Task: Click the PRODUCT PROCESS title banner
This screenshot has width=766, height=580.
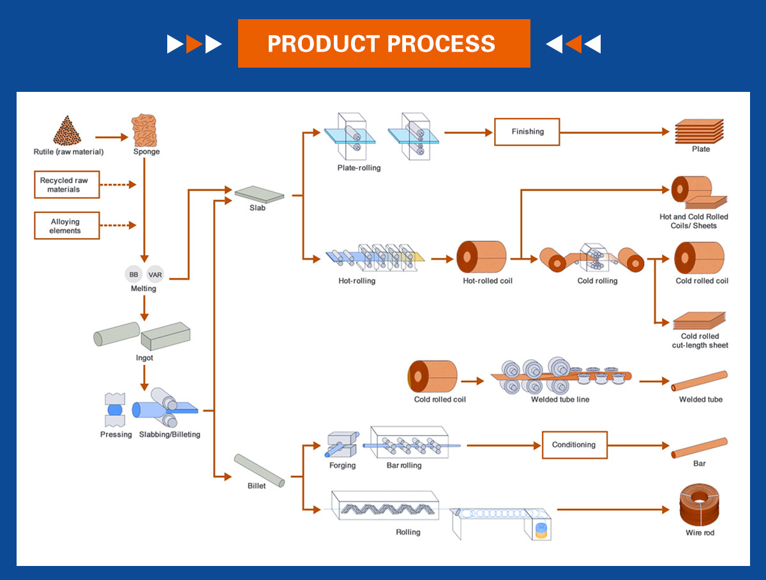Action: click(384, 43)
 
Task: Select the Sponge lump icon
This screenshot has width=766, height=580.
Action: click(146, 130)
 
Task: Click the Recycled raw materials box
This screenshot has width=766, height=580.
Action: click(67, 184)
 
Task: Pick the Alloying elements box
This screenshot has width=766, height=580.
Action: click(67, 226)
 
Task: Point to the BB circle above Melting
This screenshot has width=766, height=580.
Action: click(134, 274)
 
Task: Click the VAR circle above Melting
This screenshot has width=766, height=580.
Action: click(155, 274)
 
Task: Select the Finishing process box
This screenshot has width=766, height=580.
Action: click(527, 132)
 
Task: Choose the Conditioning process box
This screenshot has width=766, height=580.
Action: click(574, 445)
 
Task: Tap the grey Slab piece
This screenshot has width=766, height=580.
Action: click(259, 193)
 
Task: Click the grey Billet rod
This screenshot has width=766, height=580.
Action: click(259, 470)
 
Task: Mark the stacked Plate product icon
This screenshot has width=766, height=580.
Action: click(700, 131)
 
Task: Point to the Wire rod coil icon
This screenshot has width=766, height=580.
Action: click(700, 505)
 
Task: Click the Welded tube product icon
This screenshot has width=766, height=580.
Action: click(700, 381)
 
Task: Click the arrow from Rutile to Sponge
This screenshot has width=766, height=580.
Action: click(112, 137)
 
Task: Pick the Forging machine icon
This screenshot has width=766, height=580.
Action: click(340, 444)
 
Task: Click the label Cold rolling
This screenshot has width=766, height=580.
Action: click(597, 281)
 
